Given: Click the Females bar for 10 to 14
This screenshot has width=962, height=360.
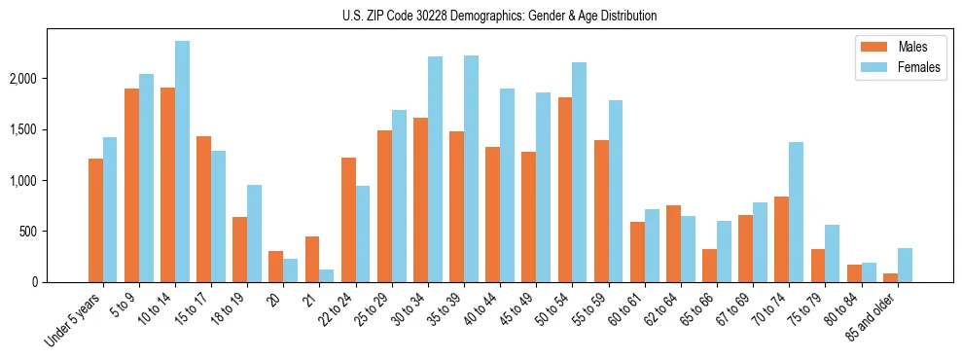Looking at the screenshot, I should click(x=183, y=162).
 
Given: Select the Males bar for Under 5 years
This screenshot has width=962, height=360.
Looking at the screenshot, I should click(x=95, y=221).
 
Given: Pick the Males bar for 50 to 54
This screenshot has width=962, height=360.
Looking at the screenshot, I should click(x=565, y=190).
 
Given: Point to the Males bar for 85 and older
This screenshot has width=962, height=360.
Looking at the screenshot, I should click(x=890, y=278).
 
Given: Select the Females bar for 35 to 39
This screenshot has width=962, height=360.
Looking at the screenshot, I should click(x=472, y=169).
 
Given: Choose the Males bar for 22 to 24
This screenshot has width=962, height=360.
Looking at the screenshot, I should click(x=348, y=220).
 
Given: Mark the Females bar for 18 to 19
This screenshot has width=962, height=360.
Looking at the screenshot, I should click(x=255, y=234).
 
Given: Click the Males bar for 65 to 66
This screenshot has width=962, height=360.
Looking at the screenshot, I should click(x=710, y=266).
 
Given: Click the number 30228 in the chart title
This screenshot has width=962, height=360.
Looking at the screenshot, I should click(x=438, y=16).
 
